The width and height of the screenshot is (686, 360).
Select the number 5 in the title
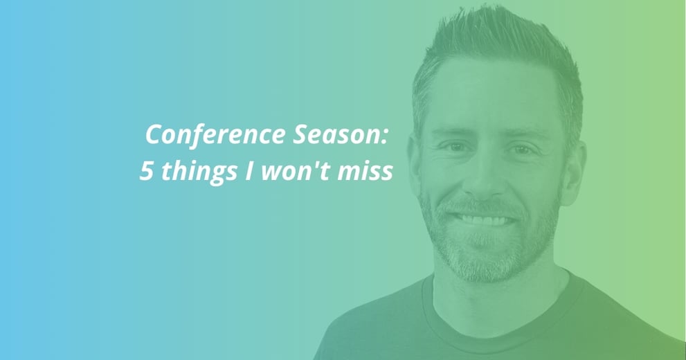(x=147, y=171)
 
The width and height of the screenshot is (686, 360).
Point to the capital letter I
(x=249, y=171)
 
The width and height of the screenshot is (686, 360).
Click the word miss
(x=365, y=171)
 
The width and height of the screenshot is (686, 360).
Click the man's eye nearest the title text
(x=455, y=147)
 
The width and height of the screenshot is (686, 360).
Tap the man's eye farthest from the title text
(x=521, y=150)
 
